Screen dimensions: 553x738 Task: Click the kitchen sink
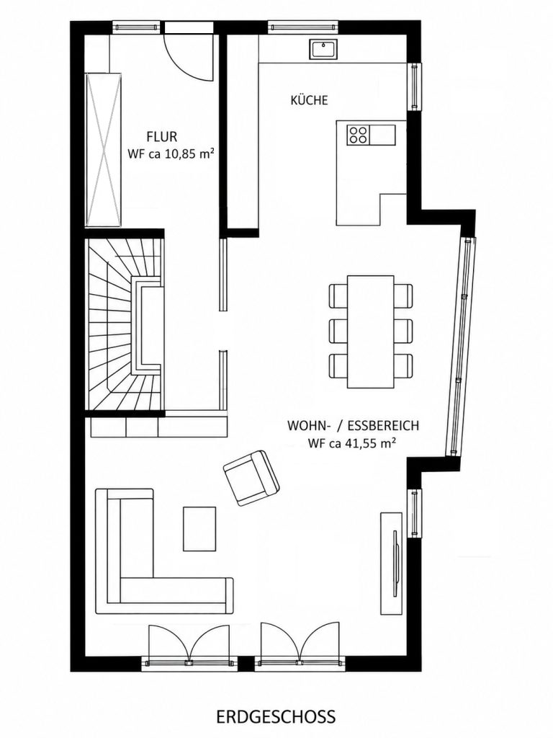[323, 50]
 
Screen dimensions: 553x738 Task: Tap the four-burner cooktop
[359, 135]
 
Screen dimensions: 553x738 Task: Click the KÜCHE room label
[309, 100]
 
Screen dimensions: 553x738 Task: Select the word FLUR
[162, 137]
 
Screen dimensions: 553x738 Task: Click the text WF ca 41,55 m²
[351, 443]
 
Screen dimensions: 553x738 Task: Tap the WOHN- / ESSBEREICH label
[353, 426]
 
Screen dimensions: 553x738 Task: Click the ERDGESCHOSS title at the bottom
[276, 717]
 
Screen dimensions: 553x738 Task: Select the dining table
[371, 332]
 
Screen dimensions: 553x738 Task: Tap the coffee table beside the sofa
[199, 528]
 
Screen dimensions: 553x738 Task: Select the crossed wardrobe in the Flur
[104, 150]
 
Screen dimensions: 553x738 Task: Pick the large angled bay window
[459, 347]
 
